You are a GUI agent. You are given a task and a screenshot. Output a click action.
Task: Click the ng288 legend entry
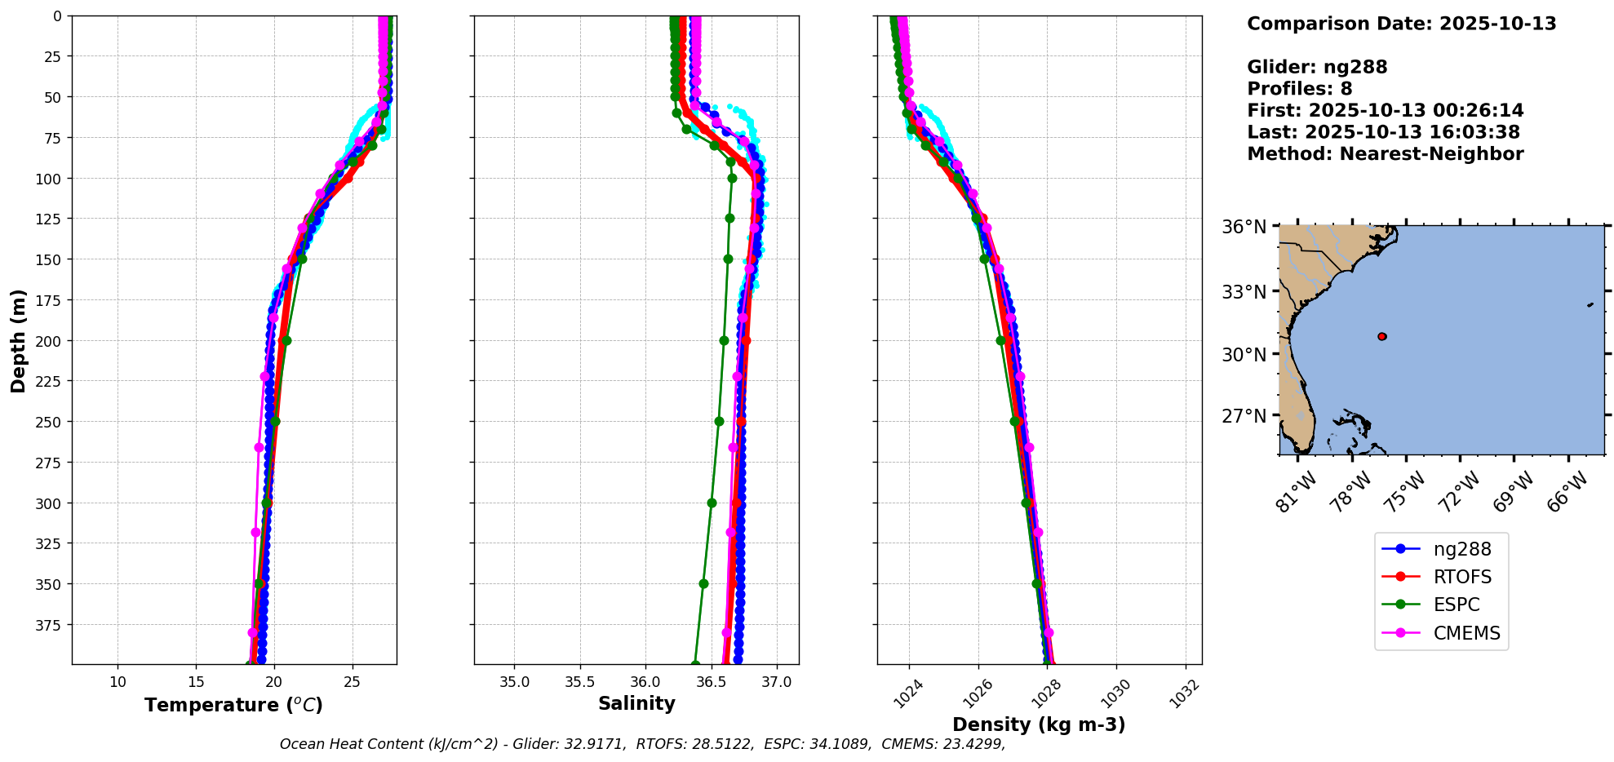coord(1441,549)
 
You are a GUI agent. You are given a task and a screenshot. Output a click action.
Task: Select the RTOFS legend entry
coord(1441,577)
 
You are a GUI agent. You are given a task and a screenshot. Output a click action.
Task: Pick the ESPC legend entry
coord(1441,605)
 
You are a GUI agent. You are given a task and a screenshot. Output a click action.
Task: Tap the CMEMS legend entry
coord(1441,632)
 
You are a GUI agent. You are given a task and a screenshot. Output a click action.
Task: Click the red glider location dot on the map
coord(1381,336)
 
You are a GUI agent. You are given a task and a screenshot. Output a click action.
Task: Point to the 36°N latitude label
coord(1244,227)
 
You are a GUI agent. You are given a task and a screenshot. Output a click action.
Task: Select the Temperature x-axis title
coord(233,705)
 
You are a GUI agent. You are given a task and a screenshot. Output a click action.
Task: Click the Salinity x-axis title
coord(636,703)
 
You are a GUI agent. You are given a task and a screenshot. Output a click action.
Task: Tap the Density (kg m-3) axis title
coord(1039,724)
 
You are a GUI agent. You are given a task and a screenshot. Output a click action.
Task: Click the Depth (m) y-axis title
coord(18,340)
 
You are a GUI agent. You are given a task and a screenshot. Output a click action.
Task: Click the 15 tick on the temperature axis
coord(196,681)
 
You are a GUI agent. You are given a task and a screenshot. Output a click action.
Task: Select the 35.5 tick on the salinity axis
coord(579,681)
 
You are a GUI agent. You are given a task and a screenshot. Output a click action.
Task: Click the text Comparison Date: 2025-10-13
coord(1401,24)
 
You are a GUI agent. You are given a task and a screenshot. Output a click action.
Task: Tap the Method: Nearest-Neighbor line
coord(1385,153)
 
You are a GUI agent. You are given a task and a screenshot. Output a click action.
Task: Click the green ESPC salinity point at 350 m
coord(703,583)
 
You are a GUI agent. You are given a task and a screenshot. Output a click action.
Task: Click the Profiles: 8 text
coord(1299,89)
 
